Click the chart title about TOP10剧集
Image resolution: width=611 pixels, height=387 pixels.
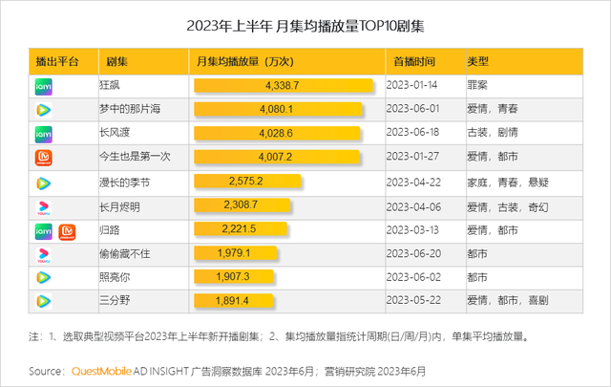pyautogui.click(x=305, y=26)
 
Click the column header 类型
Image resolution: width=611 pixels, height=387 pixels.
pyautogui.click(x=478, y=61)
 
